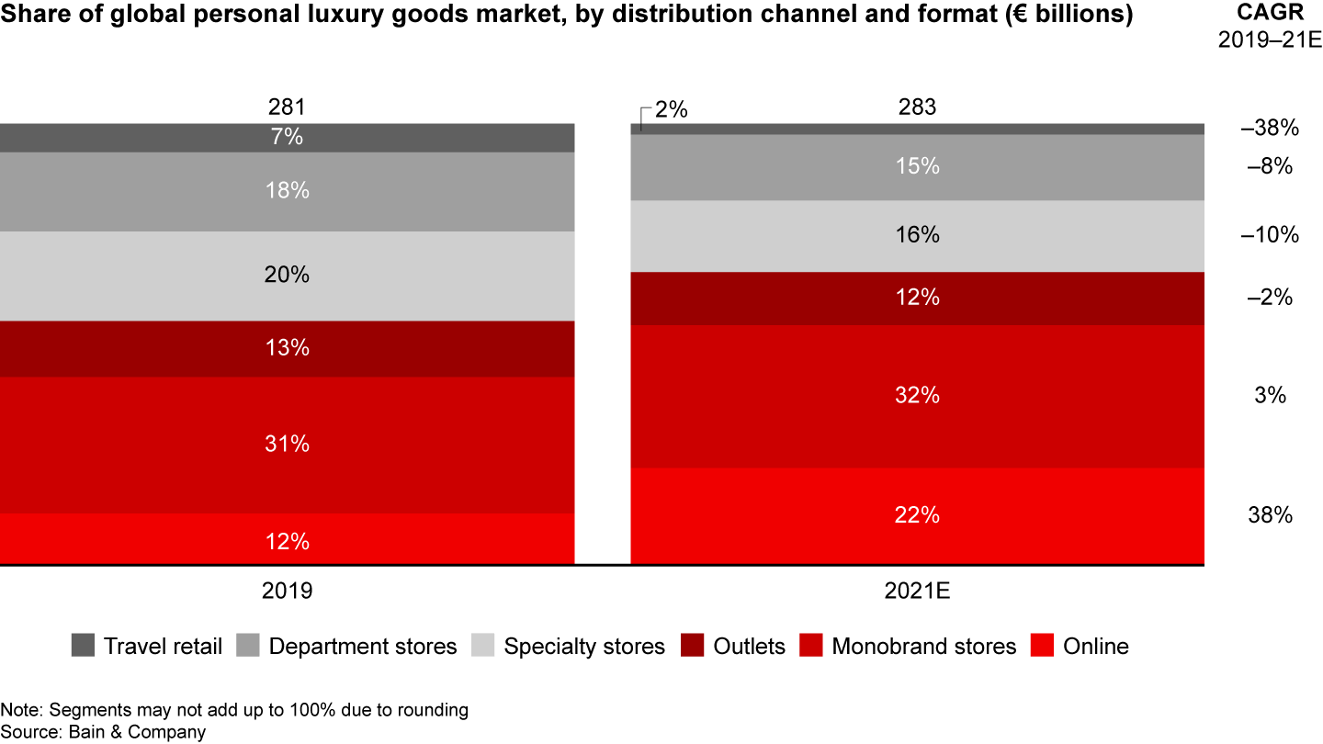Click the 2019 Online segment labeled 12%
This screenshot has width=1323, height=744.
click(x=287, y=539)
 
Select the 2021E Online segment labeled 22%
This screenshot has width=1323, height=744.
click(x=917, y=515)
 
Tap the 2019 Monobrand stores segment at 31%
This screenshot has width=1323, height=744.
click(x=287, y=445)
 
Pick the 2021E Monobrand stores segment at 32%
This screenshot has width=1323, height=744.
click(x=917, y=396)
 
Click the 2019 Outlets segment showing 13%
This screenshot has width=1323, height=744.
click(x=287, y=349)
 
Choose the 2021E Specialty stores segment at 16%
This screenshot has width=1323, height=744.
click(x=917, y=236)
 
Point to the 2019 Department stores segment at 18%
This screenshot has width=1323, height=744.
click(x=287, y=191)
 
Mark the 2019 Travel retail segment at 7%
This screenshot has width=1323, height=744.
click(x=287, y=138)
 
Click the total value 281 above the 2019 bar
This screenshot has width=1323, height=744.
click(x=287, y=107)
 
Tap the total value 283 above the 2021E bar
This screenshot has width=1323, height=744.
click(x=917, y=107)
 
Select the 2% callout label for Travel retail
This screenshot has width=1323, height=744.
click(x=671, y=110)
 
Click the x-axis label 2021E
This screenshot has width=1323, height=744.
click(x=917, y=591)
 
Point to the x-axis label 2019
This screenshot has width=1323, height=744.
click(x=287, y=591)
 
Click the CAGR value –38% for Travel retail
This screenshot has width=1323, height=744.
click(x=1270, y=129)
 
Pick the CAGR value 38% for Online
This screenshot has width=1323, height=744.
click(x=1270, y=515)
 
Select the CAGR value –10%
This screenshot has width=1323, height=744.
click(x=1270, y=236)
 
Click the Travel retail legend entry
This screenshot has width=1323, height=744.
click(x=147, y=647)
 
